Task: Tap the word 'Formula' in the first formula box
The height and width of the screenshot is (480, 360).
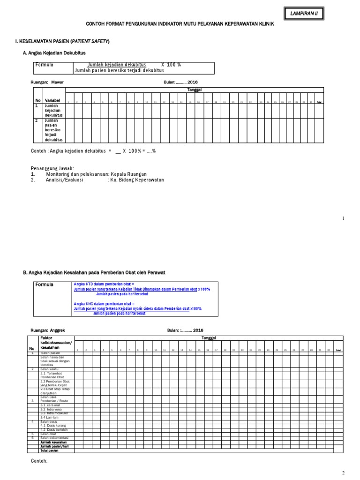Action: (45, 64)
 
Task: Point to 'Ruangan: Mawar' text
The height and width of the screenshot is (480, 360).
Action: (47, 82)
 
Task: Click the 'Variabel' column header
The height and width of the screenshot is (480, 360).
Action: (52, 101)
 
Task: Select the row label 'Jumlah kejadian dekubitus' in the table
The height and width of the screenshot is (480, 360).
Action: (53, 110)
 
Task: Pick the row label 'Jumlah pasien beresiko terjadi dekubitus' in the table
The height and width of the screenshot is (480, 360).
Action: (53, 130)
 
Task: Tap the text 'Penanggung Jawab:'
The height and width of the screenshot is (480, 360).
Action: (52, 168)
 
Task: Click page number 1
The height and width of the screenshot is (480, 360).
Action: (343, 218)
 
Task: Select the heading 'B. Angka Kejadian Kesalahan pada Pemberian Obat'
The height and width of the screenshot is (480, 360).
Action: (94, 272)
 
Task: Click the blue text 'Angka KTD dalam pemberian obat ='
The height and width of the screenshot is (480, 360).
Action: (104, 284)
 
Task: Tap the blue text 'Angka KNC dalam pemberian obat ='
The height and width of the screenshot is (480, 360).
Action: (104, 303)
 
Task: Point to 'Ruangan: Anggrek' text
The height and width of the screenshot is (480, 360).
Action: (49, 330)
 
